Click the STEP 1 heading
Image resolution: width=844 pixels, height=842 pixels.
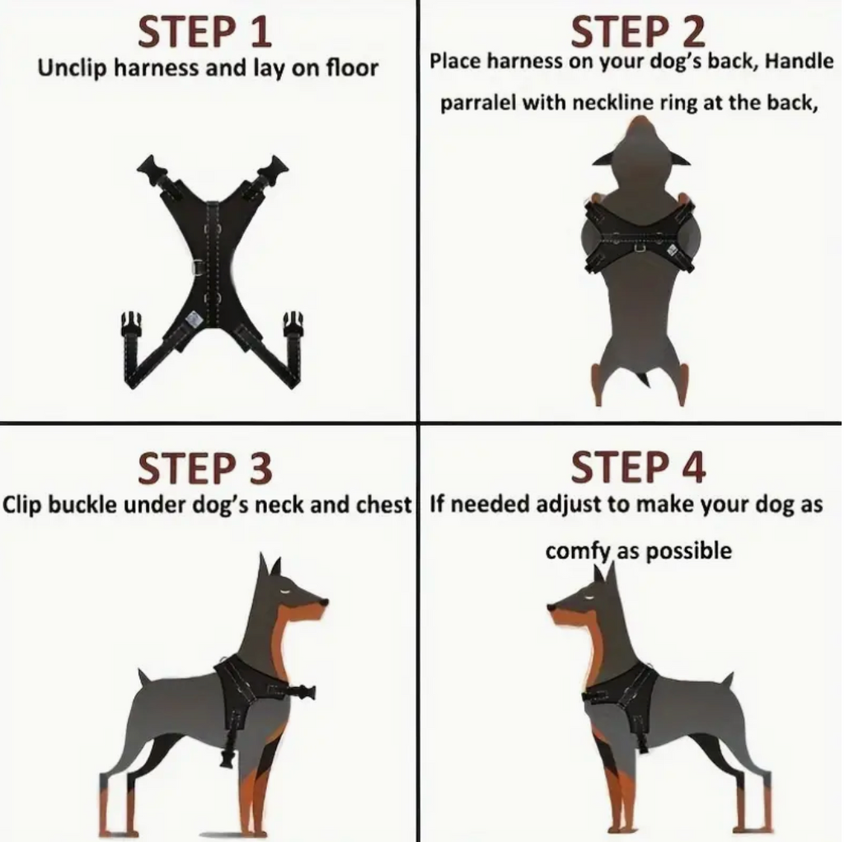pyautogui.click(x=204, y=32)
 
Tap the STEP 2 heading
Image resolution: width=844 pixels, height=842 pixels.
pyautogui.click(x=637, y=32)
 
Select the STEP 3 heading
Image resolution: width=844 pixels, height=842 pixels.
pyautogui.click(x=204, y=469)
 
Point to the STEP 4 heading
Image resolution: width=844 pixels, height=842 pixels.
pyautogui.click(x=637, y=467)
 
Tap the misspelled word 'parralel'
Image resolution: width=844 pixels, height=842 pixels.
pyautogui.click(x=477, y=102)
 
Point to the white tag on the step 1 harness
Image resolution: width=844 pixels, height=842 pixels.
pyautogui.click(x=194, y=319)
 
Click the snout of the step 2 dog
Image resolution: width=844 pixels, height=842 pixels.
pyautogui.click(x=640, y=128)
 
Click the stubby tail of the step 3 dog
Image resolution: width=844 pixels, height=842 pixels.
pyautogui.click(x=143, y=677)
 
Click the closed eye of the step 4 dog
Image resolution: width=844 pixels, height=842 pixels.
pyautogui.click(x=589, y=596)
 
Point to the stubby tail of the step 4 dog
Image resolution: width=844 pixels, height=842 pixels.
pyautogui.click(x=726, y=680)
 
